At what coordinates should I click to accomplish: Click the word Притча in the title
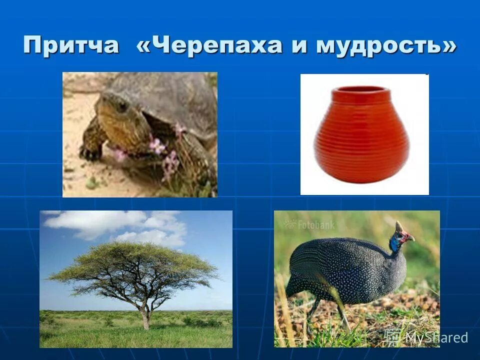tap(71, 45)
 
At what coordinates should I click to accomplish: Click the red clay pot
tap(362, 137)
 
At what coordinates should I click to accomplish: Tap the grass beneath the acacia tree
tap(135, 335)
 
